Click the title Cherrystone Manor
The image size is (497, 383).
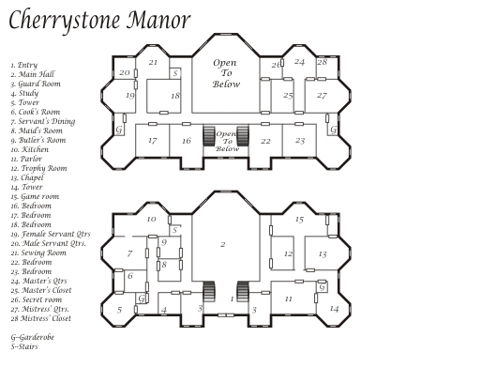[99, 21]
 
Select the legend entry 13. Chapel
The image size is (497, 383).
[27, 177]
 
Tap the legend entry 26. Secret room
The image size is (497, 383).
[37, 299]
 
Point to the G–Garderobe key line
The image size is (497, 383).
[33, 337]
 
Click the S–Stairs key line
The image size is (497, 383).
[24, 346]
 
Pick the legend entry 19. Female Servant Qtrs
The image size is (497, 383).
[51, 234]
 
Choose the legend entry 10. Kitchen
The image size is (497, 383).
[30, 149]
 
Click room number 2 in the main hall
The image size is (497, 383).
[223, 244]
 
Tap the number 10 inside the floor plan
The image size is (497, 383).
[152, 219]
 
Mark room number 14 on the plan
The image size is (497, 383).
[335, 309]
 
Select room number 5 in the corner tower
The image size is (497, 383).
[119, 310]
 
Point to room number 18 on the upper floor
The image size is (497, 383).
[175, 95]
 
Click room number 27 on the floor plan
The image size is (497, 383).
[322, 95]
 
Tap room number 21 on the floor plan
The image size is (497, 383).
[153, 62]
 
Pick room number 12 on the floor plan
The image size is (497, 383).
[288, 253]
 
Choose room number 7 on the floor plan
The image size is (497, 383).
[129, 253]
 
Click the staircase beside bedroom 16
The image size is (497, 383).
[209, 136]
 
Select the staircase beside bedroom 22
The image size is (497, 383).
[243, 136]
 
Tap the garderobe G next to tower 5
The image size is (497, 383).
[142, 299]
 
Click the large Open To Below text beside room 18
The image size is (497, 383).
[226, 73]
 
